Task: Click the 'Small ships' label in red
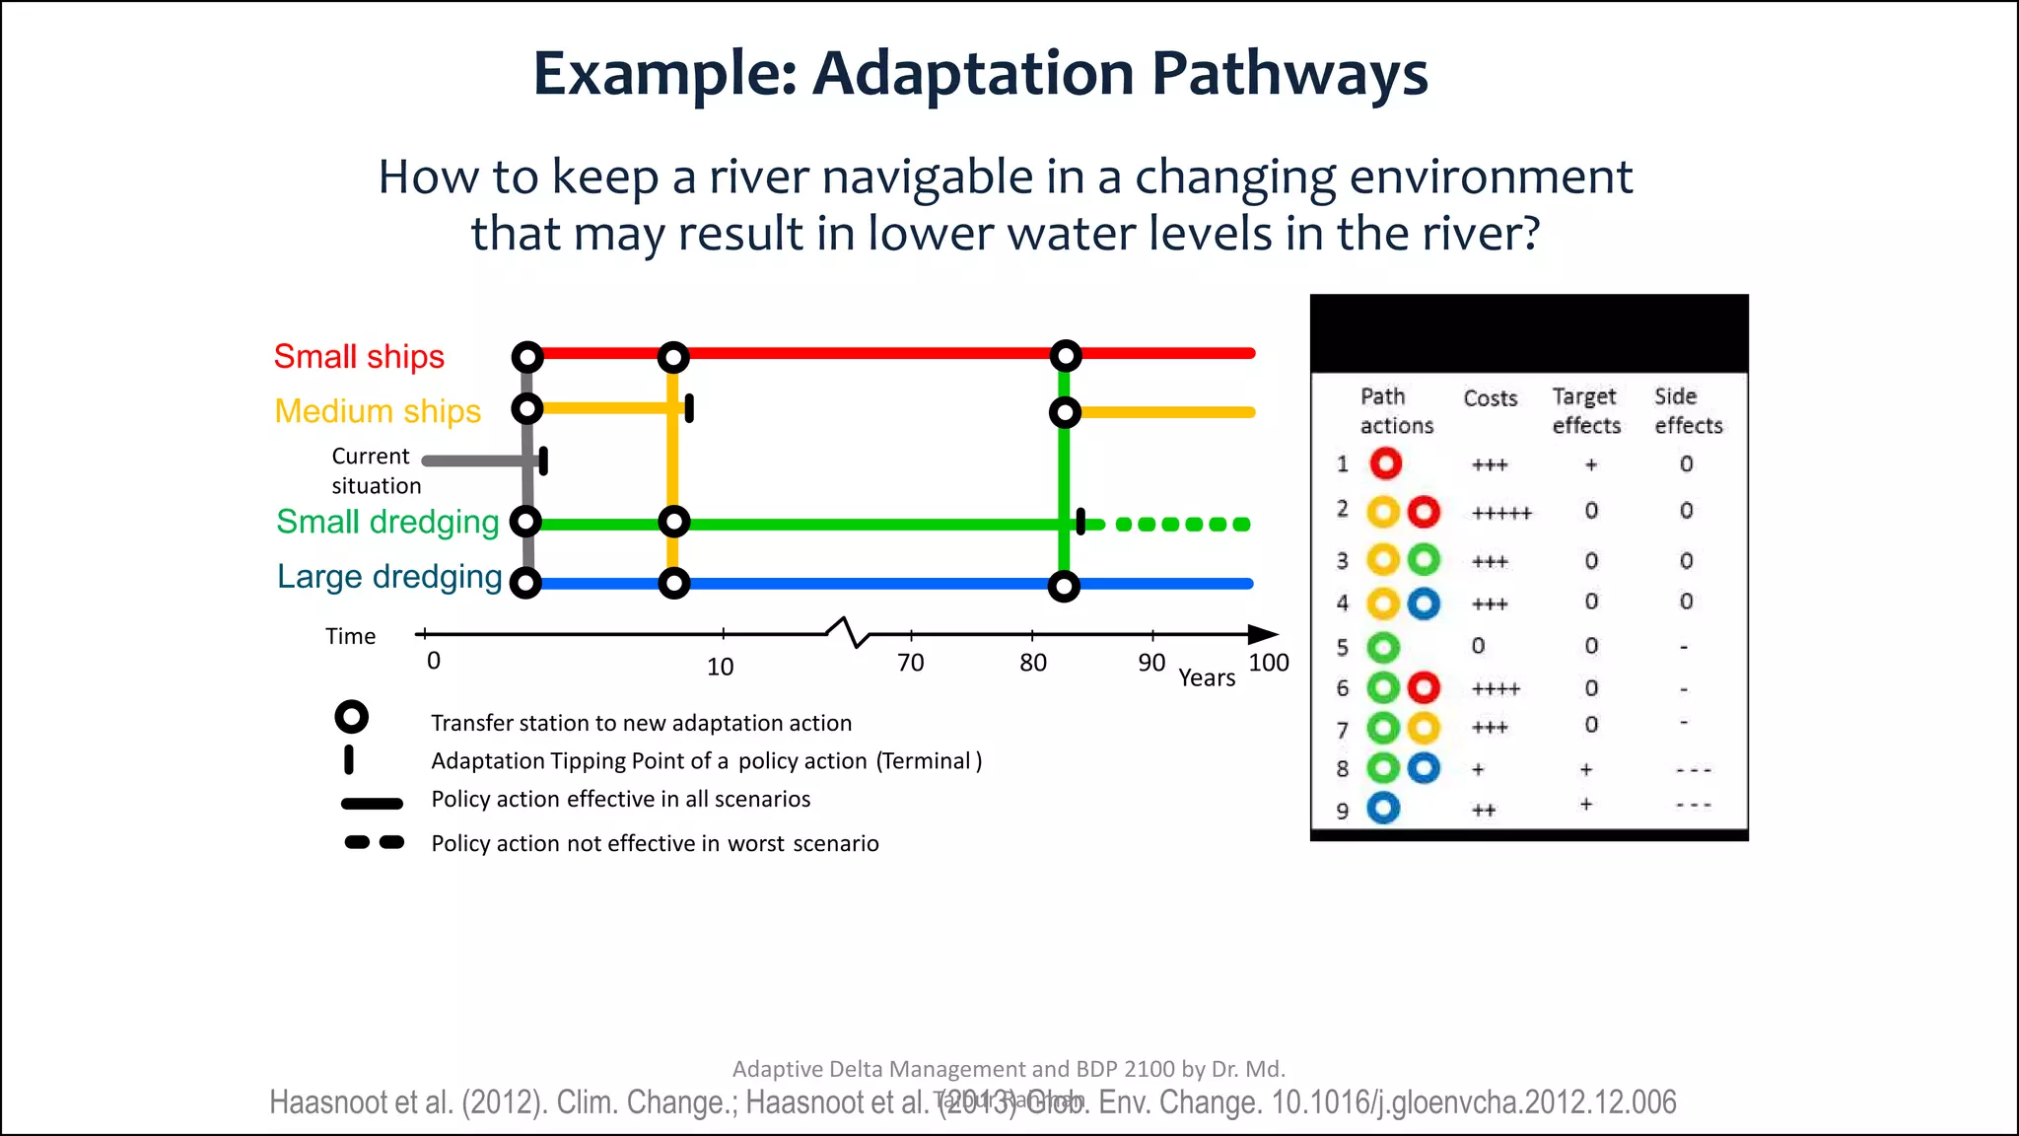coord(359,356)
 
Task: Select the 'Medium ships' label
coord(378,410)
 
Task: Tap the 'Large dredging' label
coord(389,576)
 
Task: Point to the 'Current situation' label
coord(375,470)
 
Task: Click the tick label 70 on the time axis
coord(911,663)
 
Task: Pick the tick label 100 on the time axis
coord(1268,663)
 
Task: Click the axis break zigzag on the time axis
coord(849,632)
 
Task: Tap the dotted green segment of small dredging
coord(1183,524)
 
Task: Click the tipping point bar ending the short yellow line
coord(689,407)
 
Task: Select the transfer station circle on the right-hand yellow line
coord(1065,412)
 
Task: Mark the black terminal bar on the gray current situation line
coord(543,460)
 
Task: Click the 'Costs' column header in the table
coord(1490,398)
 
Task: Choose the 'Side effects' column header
coord(1688,410)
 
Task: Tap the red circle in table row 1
coord(1385,463)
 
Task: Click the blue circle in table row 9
coord(1383,809)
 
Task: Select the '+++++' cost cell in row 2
coord(1501,513)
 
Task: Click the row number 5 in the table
coord(1342,648)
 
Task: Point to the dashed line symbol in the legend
coord(374,842)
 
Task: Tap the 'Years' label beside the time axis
coord(1207,678)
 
